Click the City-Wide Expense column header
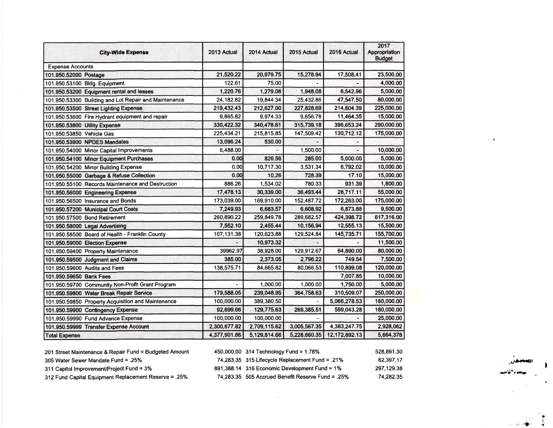(x=123, y=52)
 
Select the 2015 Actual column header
(x=303, y=52)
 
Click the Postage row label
(x=75, y=75)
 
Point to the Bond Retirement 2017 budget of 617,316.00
(x=388, y=217)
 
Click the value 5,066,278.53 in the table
(x=346, y=301)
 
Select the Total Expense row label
(x=63, y=335)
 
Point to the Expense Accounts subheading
(x=70, y=67)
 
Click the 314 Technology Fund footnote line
(x=282, y=352)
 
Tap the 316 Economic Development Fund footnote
(x=293, y=368)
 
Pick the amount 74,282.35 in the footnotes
(x=390, y=377)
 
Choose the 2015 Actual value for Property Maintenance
(x=308, y=251)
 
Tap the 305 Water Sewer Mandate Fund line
(x=93, y=360)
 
